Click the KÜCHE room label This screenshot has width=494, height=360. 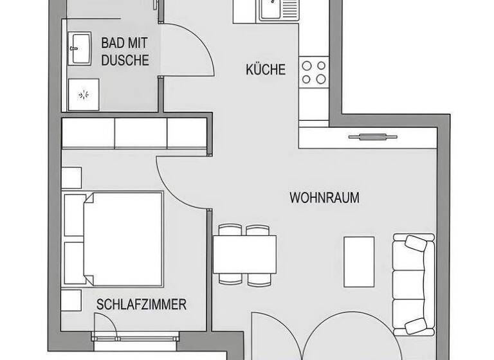pos(265,69)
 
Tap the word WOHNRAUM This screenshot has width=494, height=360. pos(324,197)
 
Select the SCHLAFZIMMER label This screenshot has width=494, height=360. pos(141,304)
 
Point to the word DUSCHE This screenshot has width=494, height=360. pos(125,60)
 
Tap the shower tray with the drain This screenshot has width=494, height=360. pos(84,95)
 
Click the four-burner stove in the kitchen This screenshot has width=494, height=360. pos(314,71)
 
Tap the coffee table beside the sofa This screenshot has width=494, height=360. pos(359,262)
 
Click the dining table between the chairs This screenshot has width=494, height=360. pos(244,255)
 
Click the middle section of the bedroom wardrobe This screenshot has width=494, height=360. pos(141,134)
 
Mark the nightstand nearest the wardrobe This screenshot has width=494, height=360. pos(71,177)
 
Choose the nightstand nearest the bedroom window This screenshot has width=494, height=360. pos(71,300)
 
